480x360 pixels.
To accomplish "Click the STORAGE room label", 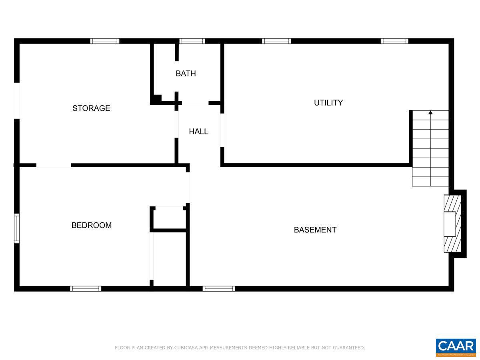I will (x=91, y=108).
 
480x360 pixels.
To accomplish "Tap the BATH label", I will (x=186, y=74).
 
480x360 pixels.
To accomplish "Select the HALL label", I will (x=198, y=131).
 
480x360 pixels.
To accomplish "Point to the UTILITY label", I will (x=328, y=103).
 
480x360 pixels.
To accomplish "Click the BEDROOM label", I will (x=91, y=225).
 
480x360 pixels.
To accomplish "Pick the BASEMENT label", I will (x=315, y=230).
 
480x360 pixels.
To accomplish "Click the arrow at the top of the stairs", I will (x=430, y=113).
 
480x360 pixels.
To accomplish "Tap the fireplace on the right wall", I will (x=453, y=223).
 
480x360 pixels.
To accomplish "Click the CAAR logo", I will (x=456, y=347).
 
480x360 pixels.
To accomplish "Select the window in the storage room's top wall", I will (x=105, y=41).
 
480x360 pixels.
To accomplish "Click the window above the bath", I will (x=192, y=41).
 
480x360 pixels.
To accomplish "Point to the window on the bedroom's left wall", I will (x=17, y=228).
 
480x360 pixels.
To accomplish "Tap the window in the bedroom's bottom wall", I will (x=86, y=288).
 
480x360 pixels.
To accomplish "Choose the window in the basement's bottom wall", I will (x=219, y=288).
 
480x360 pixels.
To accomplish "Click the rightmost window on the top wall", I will (x=394, y=41).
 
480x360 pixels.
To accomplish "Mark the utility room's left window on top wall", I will (x=276, y=41).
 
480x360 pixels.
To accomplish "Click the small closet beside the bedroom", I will (x=168, y=218).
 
